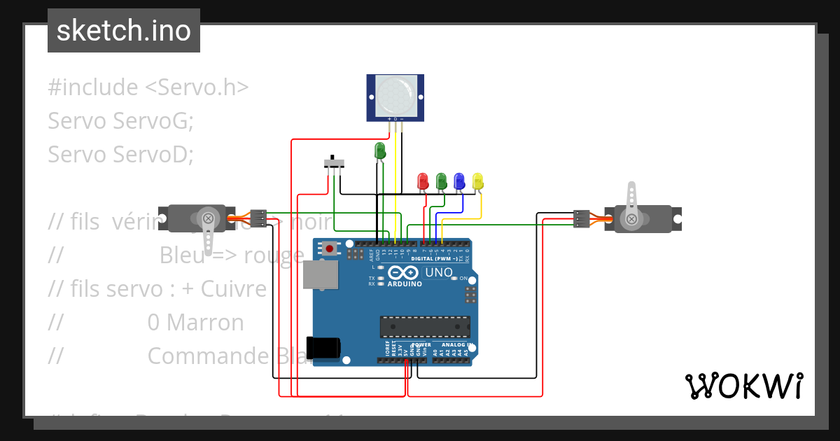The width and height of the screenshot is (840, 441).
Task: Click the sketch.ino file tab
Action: [x=124, y=31]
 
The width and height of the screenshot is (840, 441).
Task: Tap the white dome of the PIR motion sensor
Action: [x=395, y=96]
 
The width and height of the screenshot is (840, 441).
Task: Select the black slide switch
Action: [x=334, y=163]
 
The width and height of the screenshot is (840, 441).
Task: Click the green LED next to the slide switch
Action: [x=379, y=150]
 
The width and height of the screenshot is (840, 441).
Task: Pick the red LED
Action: [x=422, y=181]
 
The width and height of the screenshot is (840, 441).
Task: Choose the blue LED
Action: [x=459, y=181]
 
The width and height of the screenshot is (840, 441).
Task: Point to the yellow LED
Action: [x=477, y=181]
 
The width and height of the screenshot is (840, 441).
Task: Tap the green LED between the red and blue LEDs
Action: [x=441, y=181]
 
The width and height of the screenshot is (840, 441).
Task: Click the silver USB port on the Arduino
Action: [x=320, y=274]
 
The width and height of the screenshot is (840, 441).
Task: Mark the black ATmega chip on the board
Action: [x=424, y=327]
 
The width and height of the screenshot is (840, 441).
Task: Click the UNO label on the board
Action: [x=439, y=272]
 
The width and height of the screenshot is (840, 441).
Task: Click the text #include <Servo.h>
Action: [x=148, y=87]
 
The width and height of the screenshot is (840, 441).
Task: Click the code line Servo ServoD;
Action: [x=120, y=153]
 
